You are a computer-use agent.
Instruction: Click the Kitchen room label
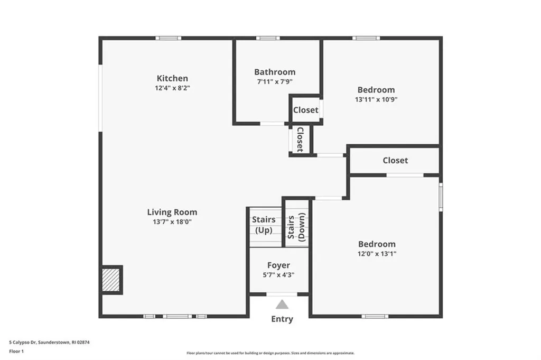(x=172, y=78)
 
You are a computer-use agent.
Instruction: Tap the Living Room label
(x=172, y=213)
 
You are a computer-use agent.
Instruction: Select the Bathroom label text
(x=275, y=72)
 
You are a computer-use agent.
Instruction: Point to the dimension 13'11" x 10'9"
(x=376, y=99)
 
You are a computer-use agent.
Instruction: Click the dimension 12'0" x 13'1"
(x=377, y=253)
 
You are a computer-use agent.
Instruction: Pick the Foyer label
(x=278, y=265)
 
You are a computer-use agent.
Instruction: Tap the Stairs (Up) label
(x=263, y=225)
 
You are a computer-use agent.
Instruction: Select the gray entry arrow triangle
(x=282, y=304)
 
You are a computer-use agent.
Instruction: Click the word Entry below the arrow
(x=282, y=319)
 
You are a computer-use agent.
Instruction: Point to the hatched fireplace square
(x=111, y=280)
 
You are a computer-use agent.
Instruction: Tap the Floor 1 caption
(x=17, y=350)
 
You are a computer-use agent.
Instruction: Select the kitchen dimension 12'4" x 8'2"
(x=172, y=88)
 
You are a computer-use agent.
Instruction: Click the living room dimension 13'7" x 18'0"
(x=172, y=222)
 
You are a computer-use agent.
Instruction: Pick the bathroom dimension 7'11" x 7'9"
(x=275, y=81)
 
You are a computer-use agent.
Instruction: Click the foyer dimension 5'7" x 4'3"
(x=278, y=274)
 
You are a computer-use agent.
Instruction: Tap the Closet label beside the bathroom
(x=306, y=110)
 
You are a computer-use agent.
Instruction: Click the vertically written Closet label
(x=300, y=140)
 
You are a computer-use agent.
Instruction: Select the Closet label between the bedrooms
(x=395, y=160)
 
